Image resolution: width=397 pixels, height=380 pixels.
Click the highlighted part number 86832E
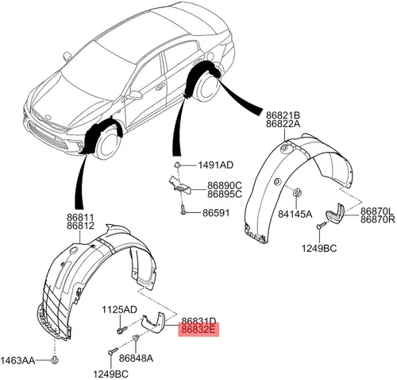pos(198,330)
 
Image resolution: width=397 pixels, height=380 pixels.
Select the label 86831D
pos(198,321)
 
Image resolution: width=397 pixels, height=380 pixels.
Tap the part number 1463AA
pos(17,360)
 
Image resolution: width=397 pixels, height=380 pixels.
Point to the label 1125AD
pos(120,309)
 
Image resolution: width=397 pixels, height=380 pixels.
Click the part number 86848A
pos(136,359)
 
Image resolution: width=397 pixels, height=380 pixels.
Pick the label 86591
pos(216,213)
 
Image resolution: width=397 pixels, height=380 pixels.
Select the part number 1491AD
pos(216,165)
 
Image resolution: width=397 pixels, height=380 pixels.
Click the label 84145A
pos(295,214)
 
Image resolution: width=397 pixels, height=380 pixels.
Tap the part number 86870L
pos(378,211)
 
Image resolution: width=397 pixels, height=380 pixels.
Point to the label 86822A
pos(283,124)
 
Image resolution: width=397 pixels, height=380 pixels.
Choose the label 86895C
pos(225,194)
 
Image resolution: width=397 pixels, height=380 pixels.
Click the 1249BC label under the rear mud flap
pos(319,248)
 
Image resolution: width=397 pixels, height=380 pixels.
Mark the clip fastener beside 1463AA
pos(55,360)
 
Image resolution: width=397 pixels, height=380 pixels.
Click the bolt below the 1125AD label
pos(121,330)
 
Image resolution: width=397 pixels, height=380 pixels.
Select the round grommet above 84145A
pos(296,192)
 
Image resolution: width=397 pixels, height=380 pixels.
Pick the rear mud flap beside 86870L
pos(335,214)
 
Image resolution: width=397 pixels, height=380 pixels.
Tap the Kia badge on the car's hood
pos(48,117)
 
